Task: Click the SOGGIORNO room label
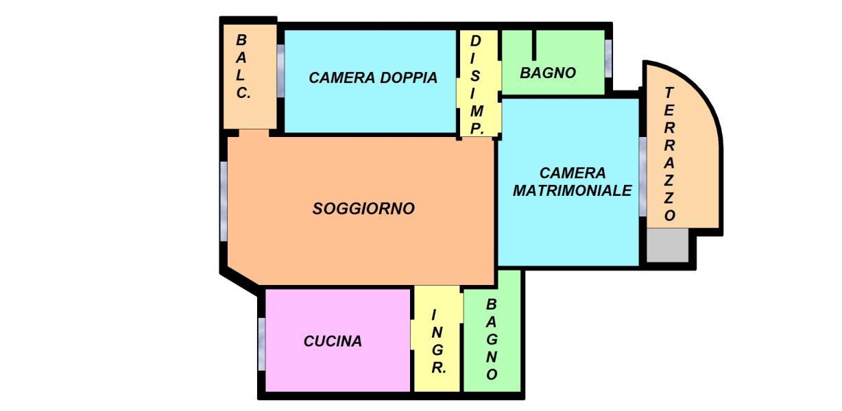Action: (363, 208)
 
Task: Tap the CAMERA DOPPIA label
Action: (373, 78)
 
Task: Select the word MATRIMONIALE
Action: (572, 190)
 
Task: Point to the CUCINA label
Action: (333, 341)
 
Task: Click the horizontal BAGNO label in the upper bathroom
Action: (548, 73)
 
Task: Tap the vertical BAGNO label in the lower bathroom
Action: (492, 339)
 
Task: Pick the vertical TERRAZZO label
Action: (669, 154)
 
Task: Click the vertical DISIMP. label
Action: (476, 85)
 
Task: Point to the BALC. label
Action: (243, 66)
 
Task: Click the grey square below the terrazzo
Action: (668, 245)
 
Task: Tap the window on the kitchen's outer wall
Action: (262, 344)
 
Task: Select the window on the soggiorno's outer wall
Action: (224, 201)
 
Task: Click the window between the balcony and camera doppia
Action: (280, 71)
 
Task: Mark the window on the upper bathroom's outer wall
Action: (608, 59)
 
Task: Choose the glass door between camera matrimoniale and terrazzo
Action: (642, 177)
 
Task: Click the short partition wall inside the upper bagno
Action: (534, 45)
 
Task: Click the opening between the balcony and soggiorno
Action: (254, 133)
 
